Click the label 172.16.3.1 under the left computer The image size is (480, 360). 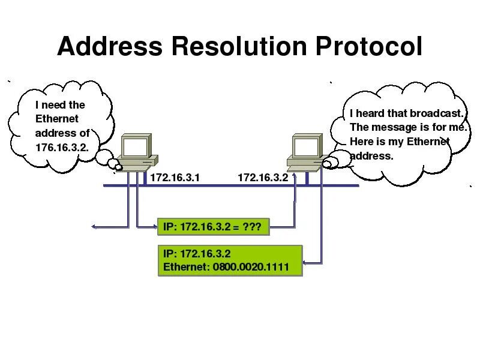click(x=174, y=178)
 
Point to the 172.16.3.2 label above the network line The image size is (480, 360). click(x=263, y=178)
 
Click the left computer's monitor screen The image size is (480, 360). click(x=135, y=146)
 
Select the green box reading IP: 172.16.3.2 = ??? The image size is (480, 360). click(x=213, y=226)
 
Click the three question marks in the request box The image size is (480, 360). click(x=252, y=226)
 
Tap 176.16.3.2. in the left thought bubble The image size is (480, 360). click(x=63, y=147)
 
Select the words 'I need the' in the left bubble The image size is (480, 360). click(x=60, y=104)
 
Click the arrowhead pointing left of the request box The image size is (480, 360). click(x=94, y=227)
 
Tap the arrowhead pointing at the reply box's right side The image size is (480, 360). click(x=306, y=262)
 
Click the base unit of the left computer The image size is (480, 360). click(x=136, y=163)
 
